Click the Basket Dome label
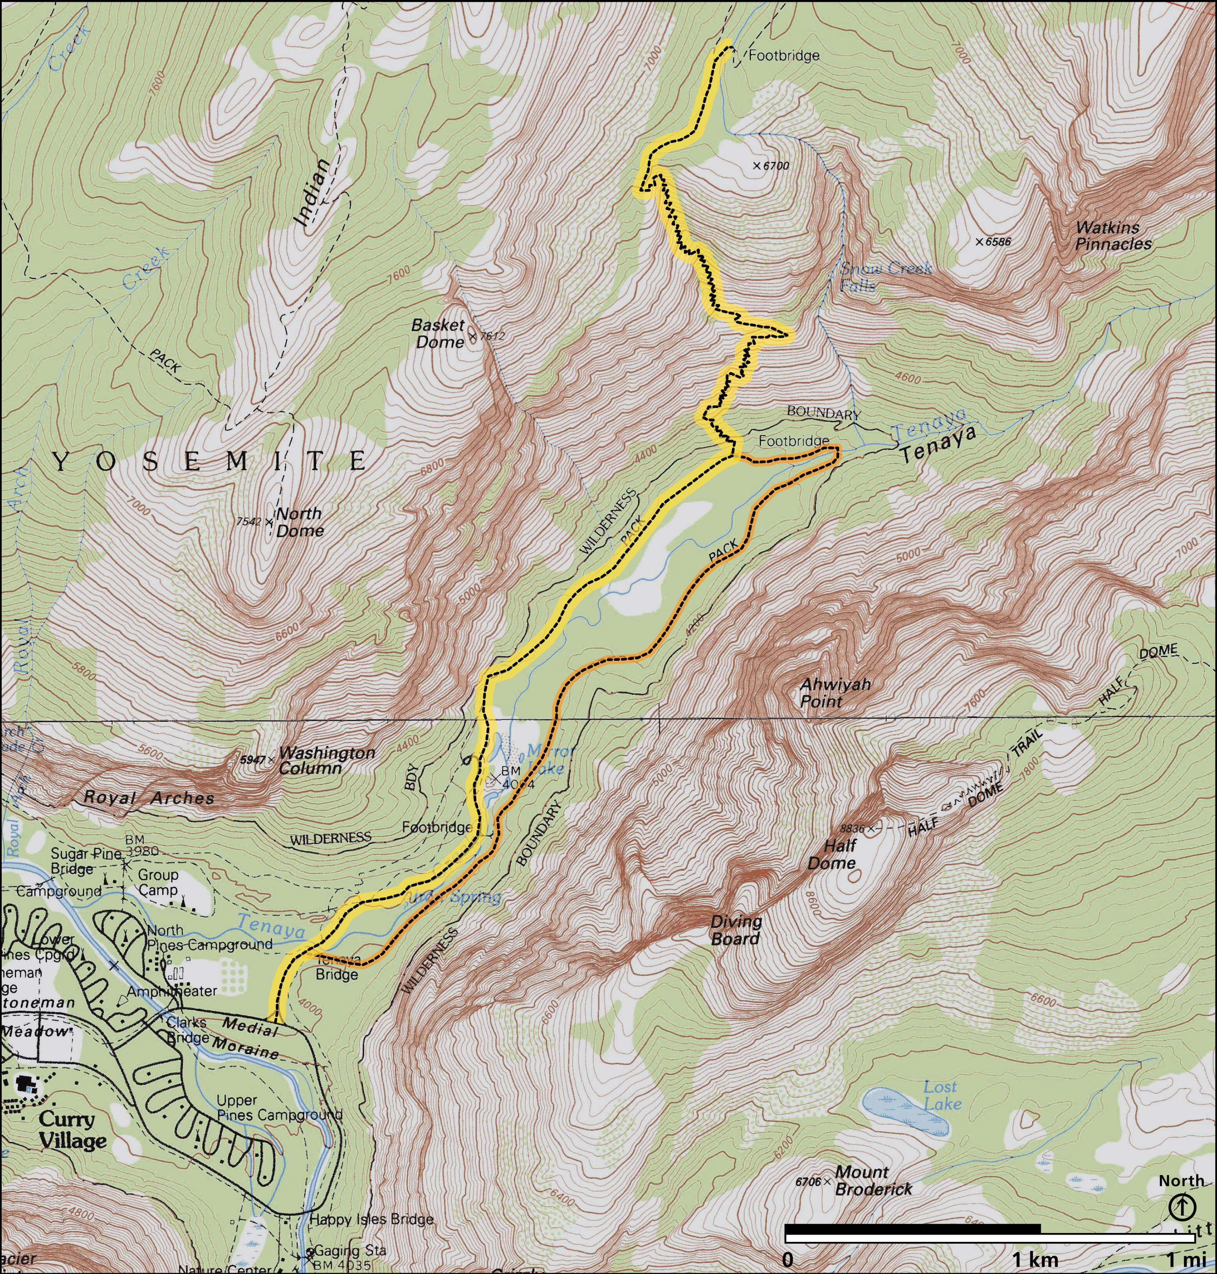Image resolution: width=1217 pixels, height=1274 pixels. point(439,334)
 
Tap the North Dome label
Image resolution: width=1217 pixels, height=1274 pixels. point(299,522)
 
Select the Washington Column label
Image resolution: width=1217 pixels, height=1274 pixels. point(326,760)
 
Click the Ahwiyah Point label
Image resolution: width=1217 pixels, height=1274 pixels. point(834,692)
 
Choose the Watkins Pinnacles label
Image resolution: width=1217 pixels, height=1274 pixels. point(1113,235)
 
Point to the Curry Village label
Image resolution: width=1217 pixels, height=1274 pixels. point(72,1130)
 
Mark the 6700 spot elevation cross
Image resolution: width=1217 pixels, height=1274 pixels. point(756,166)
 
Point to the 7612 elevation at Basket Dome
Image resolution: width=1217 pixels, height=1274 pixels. point(492,336)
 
